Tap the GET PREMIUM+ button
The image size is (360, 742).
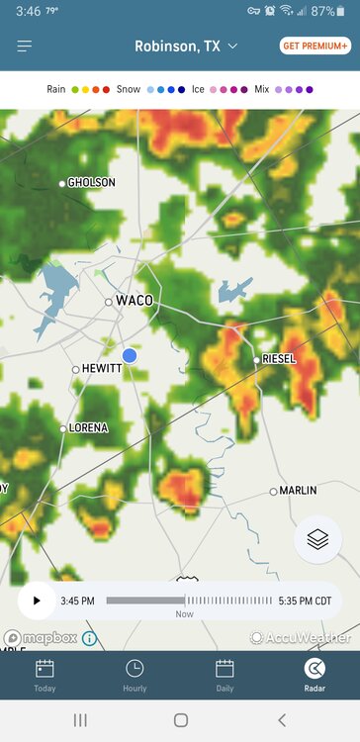[x=315, y=46]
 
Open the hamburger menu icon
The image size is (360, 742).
[x=25, y=46]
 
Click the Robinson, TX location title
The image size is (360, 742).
[x=185, y=46]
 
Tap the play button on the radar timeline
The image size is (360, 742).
[x=38, y=601]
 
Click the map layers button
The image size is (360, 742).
[x=317, y=539]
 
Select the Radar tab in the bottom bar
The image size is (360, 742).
[x=315, y=675]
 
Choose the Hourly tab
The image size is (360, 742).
[x=135, y=675]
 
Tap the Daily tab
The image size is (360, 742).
[x=225, y=675]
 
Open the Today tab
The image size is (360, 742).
[x=45, y=675]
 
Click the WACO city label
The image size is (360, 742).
[x=135, y=301]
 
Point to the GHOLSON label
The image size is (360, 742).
[x=91, y=183]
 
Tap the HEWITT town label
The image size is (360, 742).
[x=101, y=368]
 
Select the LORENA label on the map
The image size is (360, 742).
[x=89, y=428]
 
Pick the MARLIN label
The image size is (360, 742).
[x=298, y=491]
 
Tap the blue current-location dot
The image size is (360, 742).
[x=130, y=355]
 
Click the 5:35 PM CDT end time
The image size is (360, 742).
[x=306, y=601]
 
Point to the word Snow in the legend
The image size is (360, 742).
[x=129, y=89]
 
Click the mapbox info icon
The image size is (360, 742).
[x=89, y=638]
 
